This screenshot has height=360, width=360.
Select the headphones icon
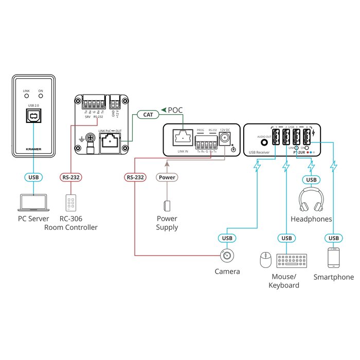[311, 200]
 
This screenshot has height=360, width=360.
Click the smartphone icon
[333, 259]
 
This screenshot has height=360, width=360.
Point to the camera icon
[227, 256]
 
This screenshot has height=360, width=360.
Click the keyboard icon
[291, 261]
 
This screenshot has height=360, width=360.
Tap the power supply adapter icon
[167, 206]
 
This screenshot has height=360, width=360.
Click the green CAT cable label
[147, 115]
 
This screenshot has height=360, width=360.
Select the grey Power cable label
[167, 177]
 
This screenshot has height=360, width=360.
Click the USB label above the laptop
[33, 177]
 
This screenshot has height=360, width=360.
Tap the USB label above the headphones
[311, 179]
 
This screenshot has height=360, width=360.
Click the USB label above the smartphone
[333, 238]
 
